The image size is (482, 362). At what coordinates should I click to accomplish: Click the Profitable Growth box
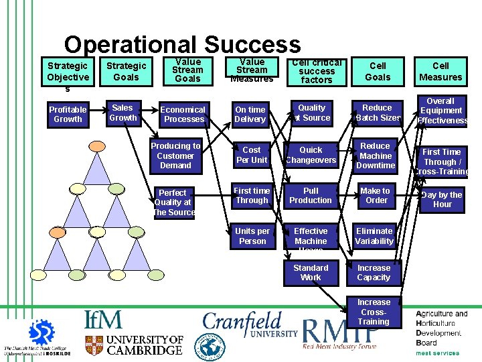[68, 114]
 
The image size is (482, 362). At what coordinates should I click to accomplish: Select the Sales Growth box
[123, 113]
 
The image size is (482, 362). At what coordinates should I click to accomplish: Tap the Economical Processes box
[183, 114]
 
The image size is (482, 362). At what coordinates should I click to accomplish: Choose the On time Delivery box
[250, 114]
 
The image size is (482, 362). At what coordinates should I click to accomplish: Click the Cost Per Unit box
[252, 155]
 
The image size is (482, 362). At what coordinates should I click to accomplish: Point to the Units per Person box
[252, 236]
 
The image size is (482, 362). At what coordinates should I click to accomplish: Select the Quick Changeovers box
[311, 155]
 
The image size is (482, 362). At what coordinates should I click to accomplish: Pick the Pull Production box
[311, 195]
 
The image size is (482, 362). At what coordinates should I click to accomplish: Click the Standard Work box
[311, 272]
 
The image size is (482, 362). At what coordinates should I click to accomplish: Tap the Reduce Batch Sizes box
[377, 113]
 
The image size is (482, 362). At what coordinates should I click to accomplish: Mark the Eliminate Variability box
[374, 236]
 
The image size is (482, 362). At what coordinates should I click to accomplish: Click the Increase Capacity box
[374, 272]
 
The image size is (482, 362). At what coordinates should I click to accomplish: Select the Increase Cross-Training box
[374, 312]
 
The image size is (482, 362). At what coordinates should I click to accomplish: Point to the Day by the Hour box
[442, 199]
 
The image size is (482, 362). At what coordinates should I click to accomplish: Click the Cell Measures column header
[440, 71]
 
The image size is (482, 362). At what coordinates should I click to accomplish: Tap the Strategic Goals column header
[126, 71]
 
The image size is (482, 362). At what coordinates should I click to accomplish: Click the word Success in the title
[252, 45]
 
